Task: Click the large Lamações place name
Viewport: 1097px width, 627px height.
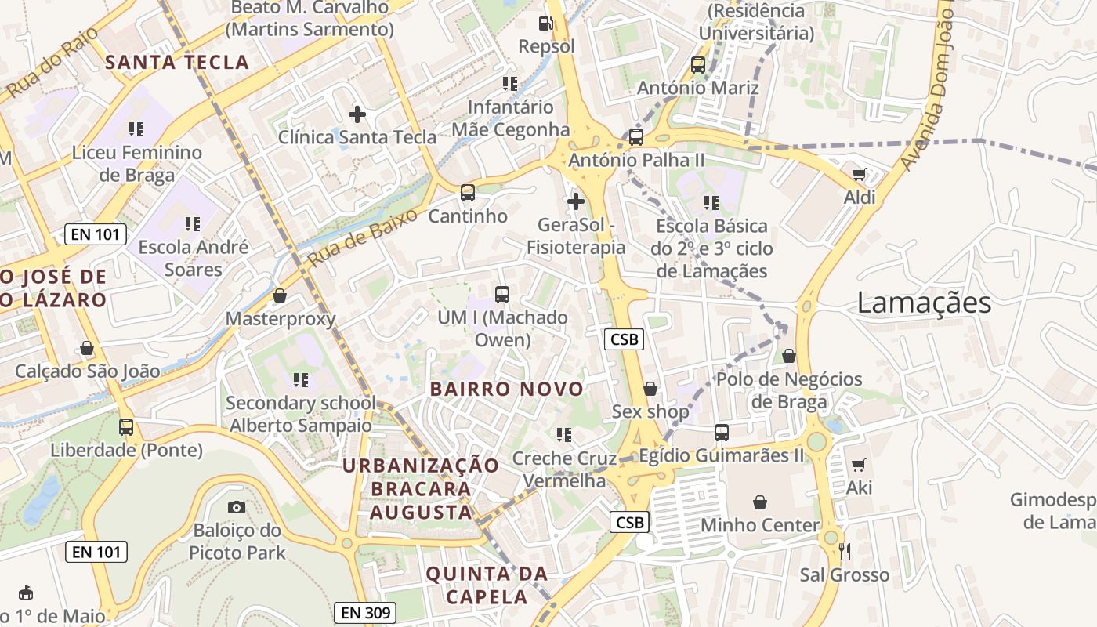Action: click(x=924, y=303)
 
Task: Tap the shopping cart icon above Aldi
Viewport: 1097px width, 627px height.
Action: click(x=859, y=174)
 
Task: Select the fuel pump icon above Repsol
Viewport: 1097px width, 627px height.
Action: click(x=546, y=24)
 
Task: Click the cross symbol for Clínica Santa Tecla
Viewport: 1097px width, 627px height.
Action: click(x=357, y=114)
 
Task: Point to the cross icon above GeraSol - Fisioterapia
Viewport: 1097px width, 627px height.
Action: click(x=576, y=201)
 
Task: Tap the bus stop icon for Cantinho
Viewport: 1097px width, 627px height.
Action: click(x=468, y=192)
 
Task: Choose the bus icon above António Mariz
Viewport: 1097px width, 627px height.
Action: click(x=698, y=65)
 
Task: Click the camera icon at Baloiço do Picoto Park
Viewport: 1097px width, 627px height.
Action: click(x=237, y=507)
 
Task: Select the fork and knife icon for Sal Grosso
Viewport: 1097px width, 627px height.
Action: click(x=844, y=552)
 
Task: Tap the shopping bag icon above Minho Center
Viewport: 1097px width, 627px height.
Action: click(x=759, y=502)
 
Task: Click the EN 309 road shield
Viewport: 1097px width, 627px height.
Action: click(x=365, y=612)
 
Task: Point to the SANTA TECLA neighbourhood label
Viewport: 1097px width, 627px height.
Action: click(x=177, y=63)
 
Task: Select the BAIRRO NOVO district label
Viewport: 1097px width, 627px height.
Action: click(x=507, y=389)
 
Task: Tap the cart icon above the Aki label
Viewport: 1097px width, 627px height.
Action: click(x=859, y=465)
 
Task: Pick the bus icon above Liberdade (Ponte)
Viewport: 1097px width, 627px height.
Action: click(x=126, y=427)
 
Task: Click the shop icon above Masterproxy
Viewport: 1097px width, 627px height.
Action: click(x=280, y=295)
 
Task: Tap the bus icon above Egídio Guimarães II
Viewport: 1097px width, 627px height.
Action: click(x=722, y=432)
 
